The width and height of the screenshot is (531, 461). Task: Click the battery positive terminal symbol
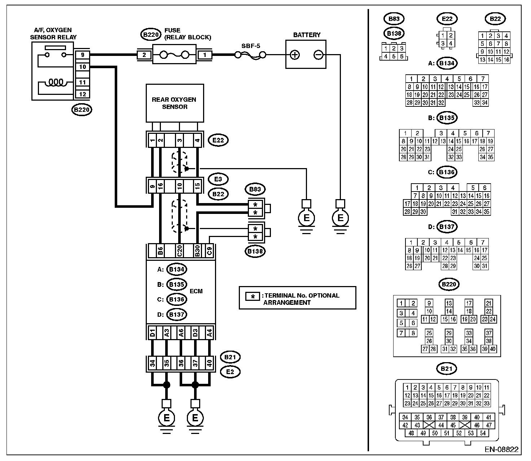coord(294,55)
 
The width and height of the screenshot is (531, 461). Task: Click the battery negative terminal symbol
coord(318,55)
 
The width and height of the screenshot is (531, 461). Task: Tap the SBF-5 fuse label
coord(250,46)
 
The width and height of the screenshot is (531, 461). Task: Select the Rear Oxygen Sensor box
coord(175,103)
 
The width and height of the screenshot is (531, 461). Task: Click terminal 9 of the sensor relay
coord(83,55)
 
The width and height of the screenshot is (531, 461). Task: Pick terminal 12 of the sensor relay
coord(83,94)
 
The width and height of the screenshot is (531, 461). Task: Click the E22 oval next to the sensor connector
coord(218,140)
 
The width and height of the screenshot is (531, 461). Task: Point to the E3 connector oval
coord(218,179)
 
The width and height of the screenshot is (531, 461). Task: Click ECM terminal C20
coord(179,251)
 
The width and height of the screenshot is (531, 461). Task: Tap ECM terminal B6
coord(160,251)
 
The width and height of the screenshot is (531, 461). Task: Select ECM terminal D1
coord(152,332)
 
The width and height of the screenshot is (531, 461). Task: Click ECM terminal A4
coord(209,332)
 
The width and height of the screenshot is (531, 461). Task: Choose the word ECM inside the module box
coord(196,291)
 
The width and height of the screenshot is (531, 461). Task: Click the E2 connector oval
coord(230,372)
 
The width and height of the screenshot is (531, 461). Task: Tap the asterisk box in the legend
coord(252,296)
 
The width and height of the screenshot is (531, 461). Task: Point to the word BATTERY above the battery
coord(307,35)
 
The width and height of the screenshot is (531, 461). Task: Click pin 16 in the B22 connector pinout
coord(506,60)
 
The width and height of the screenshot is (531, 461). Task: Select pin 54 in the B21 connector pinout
coord(482,433)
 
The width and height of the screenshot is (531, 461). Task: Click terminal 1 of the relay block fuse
coord(205,55)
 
